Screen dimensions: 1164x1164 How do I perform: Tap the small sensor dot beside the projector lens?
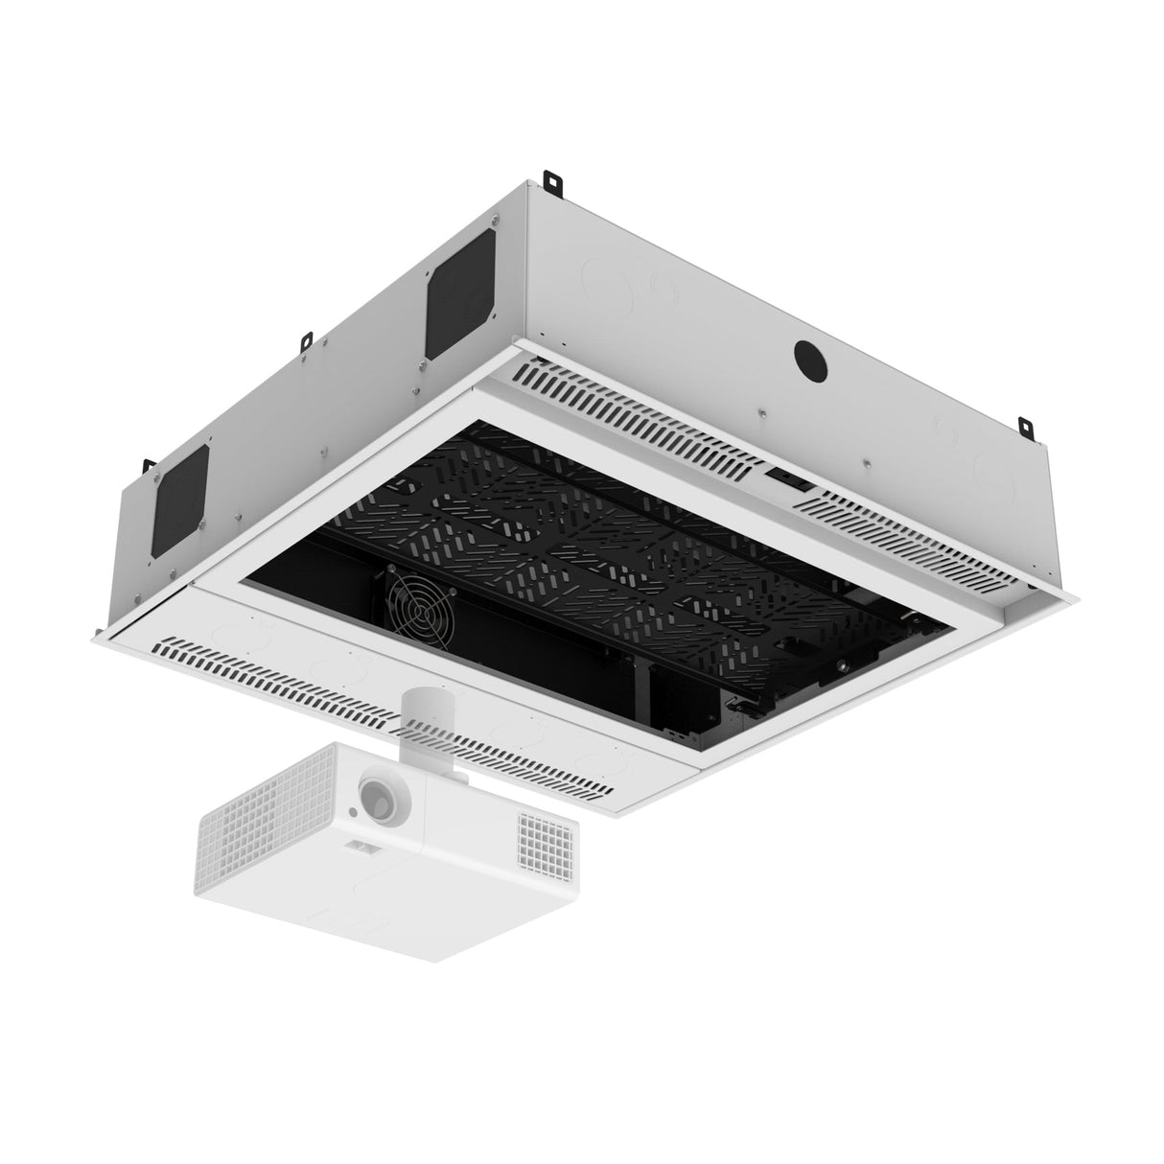tap(355, 812)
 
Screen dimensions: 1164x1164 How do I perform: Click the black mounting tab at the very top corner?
tap(553, 179)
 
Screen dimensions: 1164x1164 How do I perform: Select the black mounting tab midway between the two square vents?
tap(306, 339)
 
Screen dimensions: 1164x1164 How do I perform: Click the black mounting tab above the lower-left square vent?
tap(149, 462)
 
